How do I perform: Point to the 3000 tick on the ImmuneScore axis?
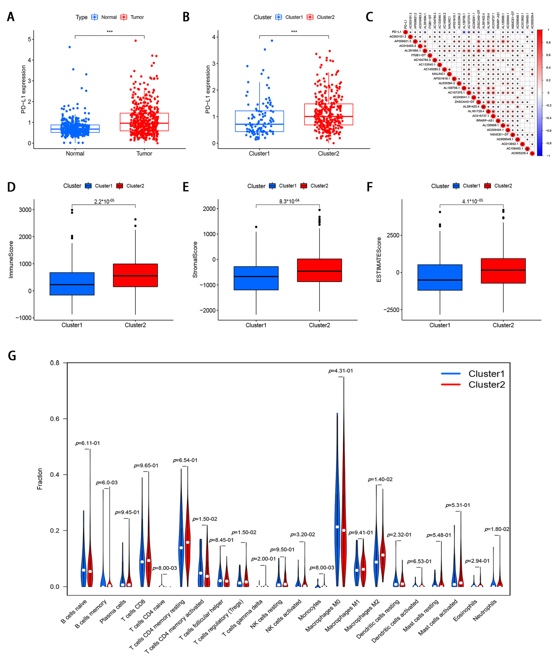tap(25, 210)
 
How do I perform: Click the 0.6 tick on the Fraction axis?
tap(55, 419)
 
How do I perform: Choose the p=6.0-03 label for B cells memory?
tap(107, 483)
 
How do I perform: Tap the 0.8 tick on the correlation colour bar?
tap(548, 42)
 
